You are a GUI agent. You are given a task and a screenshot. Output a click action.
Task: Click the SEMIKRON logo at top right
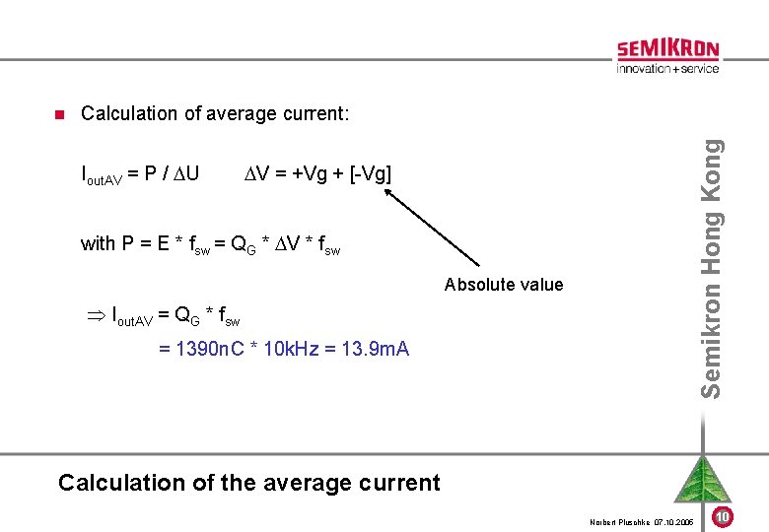point(667,49)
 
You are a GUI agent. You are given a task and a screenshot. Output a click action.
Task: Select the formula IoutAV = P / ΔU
point(140,174)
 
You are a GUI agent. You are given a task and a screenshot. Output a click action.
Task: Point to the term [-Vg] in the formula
point(370,174)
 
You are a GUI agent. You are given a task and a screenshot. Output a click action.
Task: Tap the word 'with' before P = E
point(99,243)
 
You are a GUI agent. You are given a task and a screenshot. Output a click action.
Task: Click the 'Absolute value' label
point(504,285)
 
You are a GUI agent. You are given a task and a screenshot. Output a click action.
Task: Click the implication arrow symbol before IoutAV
point(97,316)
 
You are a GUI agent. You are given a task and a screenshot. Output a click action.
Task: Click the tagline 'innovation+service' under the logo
point(667,69)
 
